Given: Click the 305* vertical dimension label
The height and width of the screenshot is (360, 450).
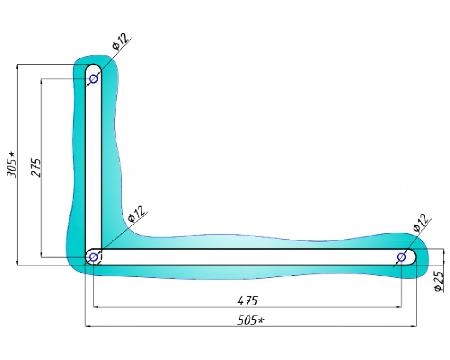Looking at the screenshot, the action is (x=11, y=164).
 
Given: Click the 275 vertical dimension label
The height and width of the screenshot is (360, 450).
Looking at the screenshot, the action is (x=36, y=167).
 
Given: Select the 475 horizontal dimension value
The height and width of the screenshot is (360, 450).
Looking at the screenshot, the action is (x=247, y=301).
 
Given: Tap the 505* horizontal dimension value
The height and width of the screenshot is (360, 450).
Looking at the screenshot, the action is (x=250, y=320).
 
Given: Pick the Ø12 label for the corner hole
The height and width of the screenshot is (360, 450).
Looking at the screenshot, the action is (x=136, y=215).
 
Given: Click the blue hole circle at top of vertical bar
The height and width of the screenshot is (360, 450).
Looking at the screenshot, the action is (x=94, y=78).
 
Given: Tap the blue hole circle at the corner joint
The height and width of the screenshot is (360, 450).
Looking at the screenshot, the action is (x=94, y=257).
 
